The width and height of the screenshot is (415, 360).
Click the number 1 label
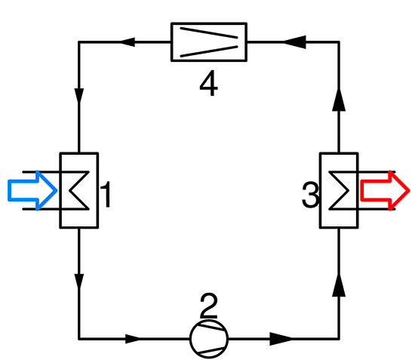[x=107, y=195]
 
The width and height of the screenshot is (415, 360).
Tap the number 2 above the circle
[x=209, y=306]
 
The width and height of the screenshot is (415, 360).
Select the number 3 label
[x=309, y=196]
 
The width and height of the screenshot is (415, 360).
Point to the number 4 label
[x=209, y=85]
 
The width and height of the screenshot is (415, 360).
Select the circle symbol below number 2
[x=208, y=339]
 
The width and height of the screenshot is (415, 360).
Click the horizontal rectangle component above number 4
[x=209, y=42]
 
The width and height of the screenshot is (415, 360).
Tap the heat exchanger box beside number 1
[x=78, y=189]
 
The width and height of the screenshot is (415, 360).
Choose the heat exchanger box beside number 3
[x=339, y=189]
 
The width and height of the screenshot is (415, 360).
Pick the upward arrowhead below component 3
[x=339, y=285]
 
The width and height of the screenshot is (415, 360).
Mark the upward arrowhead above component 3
[x=339, y=98]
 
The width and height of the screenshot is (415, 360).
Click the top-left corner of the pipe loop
[x=78, y=42]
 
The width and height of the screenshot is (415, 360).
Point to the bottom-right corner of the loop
[x=339, y=339]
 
